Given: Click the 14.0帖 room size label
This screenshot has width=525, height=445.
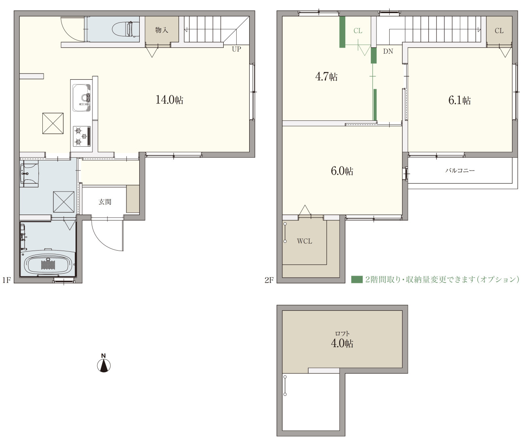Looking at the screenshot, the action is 169,100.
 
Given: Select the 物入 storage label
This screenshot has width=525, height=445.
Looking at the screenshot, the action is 162,30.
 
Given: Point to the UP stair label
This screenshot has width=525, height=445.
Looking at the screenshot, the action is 237,49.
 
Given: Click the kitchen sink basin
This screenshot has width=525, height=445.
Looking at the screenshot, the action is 82,97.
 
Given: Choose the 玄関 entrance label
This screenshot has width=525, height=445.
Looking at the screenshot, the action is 105,202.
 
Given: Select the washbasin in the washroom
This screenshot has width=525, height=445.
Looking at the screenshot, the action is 29,173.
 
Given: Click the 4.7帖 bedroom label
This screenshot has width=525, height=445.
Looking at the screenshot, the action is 326,76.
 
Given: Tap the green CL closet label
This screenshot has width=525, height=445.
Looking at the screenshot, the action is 358,31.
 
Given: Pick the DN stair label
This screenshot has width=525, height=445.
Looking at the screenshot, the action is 388,51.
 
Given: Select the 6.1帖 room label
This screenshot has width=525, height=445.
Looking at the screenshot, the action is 460,100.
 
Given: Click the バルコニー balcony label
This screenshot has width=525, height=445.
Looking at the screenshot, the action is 460,170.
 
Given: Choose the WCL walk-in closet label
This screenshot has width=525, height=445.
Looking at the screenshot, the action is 304,241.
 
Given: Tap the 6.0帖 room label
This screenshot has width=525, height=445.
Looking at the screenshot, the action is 342,171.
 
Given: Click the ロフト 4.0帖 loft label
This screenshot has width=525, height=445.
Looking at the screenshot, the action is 342,340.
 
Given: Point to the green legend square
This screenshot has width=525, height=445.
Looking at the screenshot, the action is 357,280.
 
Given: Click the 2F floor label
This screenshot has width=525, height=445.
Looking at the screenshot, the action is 269,280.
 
